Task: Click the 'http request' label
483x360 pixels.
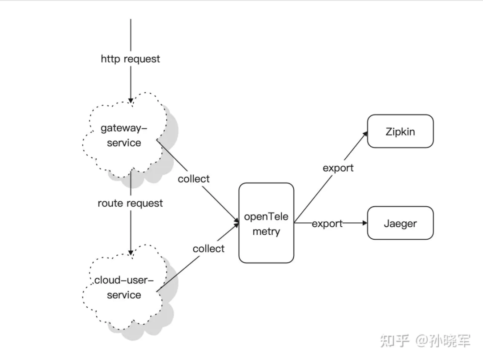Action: pos(130,59)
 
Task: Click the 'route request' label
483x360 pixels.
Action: pos(130,203)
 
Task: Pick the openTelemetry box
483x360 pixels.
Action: pos(266,223)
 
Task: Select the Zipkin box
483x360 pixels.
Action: pos(400,131)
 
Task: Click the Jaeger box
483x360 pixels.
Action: pos(400,223)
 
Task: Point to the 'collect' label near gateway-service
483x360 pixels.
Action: pos(193,179)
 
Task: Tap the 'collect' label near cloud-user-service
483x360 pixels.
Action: pos(208,249)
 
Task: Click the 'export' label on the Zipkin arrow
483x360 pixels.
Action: pos(338,168)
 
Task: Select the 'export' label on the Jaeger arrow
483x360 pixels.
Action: pos(327,223)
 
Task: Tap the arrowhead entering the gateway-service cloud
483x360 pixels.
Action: pos(130,101)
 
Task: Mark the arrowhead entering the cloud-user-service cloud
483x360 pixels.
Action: pos(130,253)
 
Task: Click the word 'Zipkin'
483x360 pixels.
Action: pos(400,131)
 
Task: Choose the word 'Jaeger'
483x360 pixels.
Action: pos(400,223)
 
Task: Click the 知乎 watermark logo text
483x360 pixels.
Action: pos(394,341)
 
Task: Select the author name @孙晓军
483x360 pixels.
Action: pos(443,341)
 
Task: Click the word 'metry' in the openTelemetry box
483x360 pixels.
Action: pos(266,232)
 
